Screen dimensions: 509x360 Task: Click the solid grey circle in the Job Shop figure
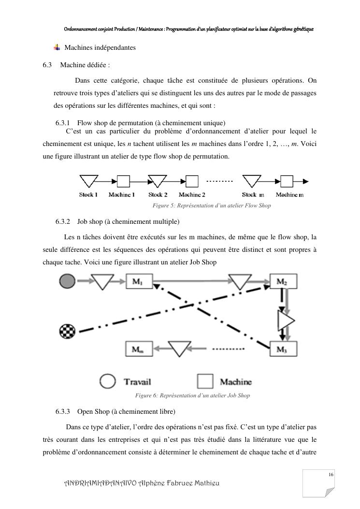click(67, 281)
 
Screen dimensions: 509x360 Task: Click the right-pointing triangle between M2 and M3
click(286, 319)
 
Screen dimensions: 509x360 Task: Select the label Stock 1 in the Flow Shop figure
click(88, 195)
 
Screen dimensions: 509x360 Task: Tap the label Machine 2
click(192, 195)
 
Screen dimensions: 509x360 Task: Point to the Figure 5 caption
click(212, 205)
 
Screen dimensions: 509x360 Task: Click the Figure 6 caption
click(192, 395)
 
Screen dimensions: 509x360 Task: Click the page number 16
click(331, 475)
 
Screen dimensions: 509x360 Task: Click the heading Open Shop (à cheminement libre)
click(126, 411)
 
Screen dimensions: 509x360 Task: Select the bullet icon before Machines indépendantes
click(57, 47)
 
